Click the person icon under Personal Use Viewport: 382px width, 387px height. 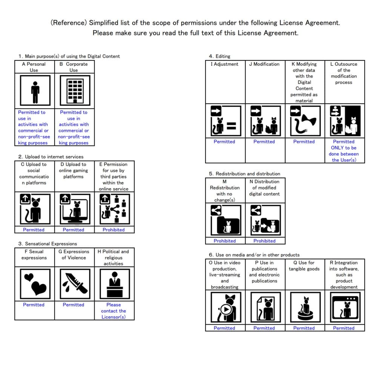[x=35, y=91]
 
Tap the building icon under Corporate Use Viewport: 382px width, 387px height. [x=75, y=91]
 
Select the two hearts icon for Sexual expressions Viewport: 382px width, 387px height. [x=35, y=284]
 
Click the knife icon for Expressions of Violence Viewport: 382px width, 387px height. [x=75, y=284]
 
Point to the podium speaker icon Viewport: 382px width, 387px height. [x=115, y=284]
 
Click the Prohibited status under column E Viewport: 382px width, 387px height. [x=114, y=230]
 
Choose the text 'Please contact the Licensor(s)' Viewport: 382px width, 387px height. [x=114, y=311]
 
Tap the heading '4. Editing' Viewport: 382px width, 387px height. [x=219, y=56]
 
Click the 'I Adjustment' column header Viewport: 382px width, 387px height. [x=224, y=64]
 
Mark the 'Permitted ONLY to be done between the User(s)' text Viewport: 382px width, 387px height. [x=344, y=151]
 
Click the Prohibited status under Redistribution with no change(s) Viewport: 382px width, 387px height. [x=225, y=241]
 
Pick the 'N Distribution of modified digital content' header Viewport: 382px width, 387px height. [x=264, y=188]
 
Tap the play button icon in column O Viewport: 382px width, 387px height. [x=226, y=309]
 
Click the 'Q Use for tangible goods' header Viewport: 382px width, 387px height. [x=304, y=266]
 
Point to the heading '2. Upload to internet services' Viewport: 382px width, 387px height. [x=51, y=157]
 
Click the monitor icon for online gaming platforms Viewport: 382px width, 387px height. [x=75, y=209]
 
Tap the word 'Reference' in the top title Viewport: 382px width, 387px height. [x=69, y=23]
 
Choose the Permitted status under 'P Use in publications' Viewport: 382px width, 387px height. [x=264, y=328]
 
